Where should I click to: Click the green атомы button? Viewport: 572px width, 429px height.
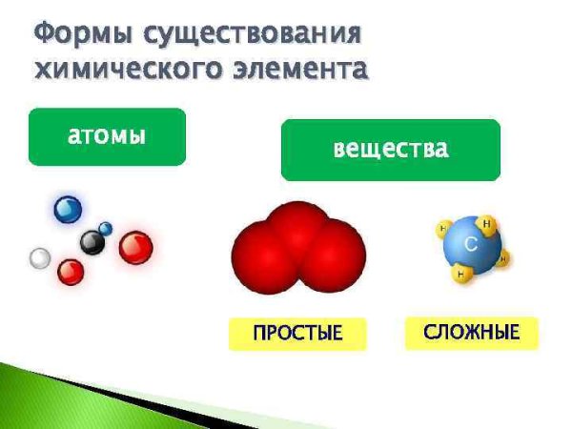pos(107,136)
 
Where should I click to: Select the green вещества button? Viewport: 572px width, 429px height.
pos(390,150)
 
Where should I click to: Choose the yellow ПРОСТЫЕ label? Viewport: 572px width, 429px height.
pos(296,334)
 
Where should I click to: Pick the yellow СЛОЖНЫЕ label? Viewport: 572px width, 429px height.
pos(472,333)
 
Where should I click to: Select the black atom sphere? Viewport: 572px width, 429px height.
pos(92,242)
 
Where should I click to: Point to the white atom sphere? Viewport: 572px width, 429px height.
pos(40,258)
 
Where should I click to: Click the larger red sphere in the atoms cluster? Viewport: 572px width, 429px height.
pos(135,248)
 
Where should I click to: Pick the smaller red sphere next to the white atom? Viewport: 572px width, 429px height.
pos(70,272)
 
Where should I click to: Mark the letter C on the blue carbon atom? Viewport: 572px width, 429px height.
pos(470,245)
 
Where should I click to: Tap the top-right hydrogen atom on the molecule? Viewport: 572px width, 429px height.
pos(488,225)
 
